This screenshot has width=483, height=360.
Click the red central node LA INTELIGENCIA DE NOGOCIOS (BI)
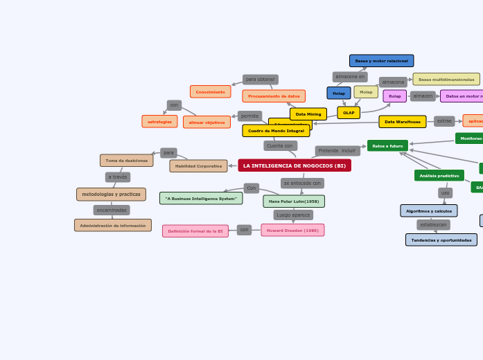click(x=295, y=165)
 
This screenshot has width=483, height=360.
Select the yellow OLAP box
click(x=349, y=112)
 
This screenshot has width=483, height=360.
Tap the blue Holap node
click(x=339, y=93)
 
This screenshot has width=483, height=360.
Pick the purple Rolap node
click(x=395, y=96)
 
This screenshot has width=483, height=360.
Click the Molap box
click(x=366, y=92)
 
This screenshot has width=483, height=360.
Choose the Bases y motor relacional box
click(x=381, y=61)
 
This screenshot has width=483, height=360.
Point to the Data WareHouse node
click(x=403, y=122)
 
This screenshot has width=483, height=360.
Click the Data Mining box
click(x=308, y=114)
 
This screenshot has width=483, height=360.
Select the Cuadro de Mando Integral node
click(x=276, y=131)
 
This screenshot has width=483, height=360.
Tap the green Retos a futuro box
click(x=387, y=146)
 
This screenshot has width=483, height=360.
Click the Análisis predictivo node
click(x=439, y=176)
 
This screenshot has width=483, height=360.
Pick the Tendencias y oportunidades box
click(x=441, y=240)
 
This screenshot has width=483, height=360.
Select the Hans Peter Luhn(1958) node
click(x=294, y=201)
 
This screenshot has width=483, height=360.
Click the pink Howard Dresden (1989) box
click(x=292, y=231)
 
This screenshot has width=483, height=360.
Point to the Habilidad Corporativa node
click(x=198, y=166)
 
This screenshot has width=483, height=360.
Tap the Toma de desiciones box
click(x=127, y=161)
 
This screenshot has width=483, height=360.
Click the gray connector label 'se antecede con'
click(x=302, y=183)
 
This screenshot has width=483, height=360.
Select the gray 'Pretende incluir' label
click(x=337, y=151)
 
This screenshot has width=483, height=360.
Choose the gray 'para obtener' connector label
click(x=261, y=80)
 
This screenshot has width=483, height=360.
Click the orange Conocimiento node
click(x=211, y=92)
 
